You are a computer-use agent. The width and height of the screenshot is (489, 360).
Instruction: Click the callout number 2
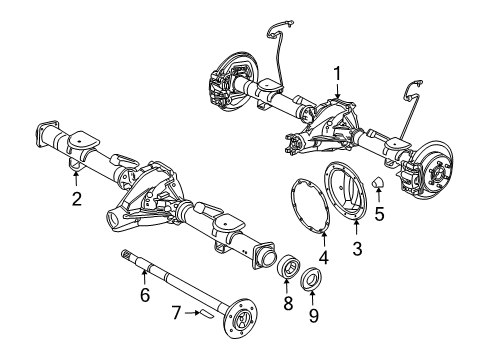(x=76, y=199)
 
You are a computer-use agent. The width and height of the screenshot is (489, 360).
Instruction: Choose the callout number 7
(x=176, y=313)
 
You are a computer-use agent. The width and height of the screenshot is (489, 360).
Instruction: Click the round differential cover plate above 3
(x=353, y=195)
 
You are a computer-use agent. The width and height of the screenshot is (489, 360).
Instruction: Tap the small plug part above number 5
(x=379, y=183)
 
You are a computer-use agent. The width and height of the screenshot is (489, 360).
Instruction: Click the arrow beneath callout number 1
(x=338, y=90)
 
